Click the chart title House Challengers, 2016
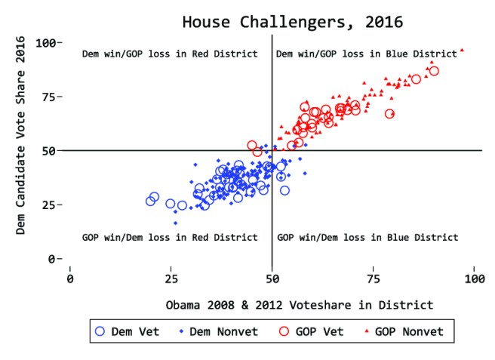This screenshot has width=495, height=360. [292, 21]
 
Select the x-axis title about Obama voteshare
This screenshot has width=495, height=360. [300, 305]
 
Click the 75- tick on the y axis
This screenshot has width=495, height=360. [51, 97]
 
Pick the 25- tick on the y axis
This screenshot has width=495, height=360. [51, 205]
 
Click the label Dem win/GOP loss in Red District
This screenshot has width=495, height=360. [170, 54]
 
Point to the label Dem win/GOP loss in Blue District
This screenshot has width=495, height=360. [367, 54]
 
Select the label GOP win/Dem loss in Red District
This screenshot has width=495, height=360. [170, 238]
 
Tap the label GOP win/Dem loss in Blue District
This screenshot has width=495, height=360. [367, 238]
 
